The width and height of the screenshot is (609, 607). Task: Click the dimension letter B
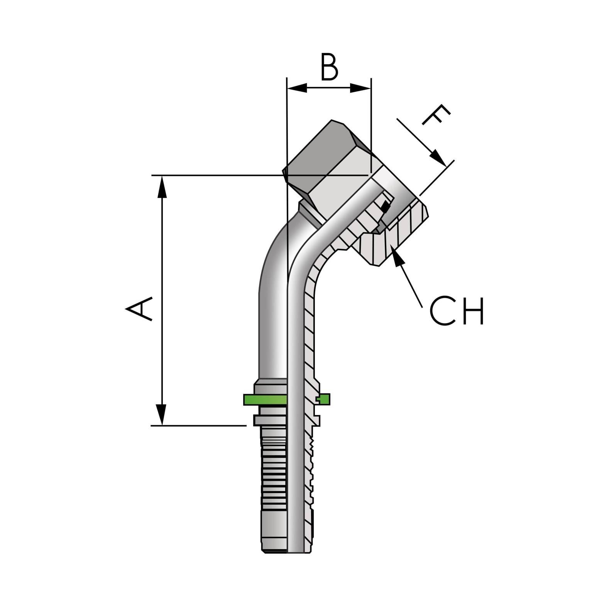pos(329,68)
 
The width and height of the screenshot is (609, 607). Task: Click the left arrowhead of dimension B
pos(297,88)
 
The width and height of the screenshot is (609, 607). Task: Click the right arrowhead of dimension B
pos(361,88)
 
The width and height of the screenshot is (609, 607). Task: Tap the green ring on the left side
pos(265,400)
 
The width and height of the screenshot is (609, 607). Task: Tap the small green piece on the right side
pos(323,399)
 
